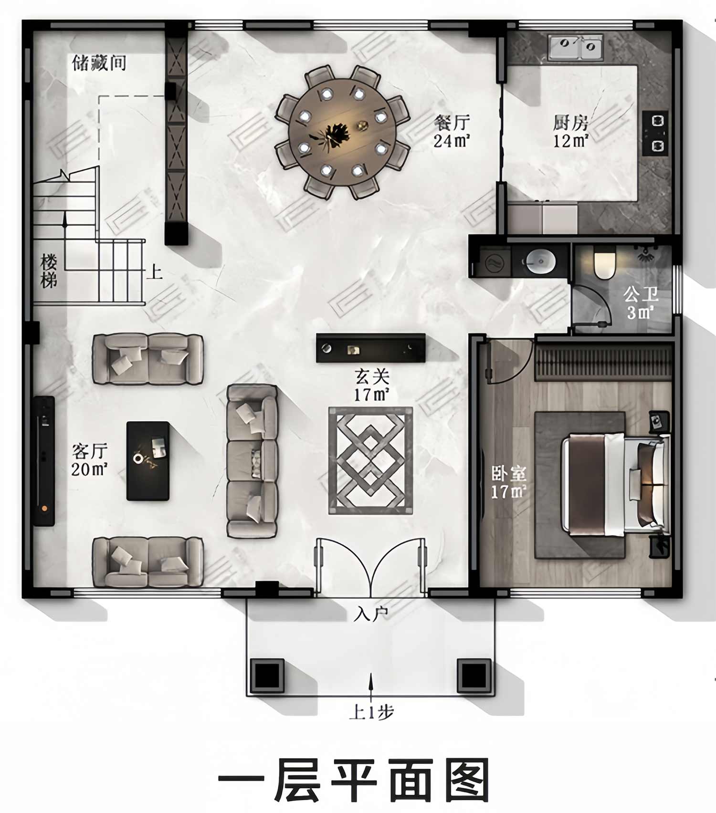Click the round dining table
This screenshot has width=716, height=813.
tap(342, 132)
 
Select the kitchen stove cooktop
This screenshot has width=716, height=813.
tap(655, 133)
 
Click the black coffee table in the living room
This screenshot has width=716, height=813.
tap(148, 461)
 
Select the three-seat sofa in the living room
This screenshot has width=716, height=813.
tap(252, 461)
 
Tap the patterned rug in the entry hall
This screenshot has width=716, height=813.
tap(370, 460)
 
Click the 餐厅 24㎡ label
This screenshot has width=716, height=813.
tap(452, 131)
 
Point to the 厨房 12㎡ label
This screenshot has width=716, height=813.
tap(571, 131)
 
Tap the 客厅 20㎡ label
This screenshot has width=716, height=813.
tap(90, 460)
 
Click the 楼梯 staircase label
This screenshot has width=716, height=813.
tap(49, 271)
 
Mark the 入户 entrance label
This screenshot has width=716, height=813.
tap(370, 614)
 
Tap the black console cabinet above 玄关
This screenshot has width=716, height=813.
tap(371, 348)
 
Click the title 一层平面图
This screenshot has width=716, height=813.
tap(354, 780)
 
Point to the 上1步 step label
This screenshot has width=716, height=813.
tap(371, 713)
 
